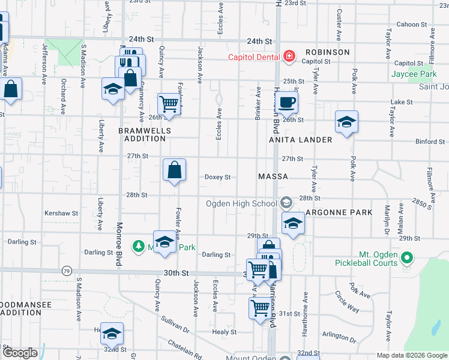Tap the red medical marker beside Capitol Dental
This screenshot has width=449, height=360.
[x=289, y=57]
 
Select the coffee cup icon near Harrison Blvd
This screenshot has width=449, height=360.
[x=288, y=101]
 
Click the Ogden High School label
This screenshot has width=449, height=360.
[x=241, y=203]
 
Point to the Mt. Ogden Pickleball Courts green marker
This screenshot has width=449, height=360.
[x=407, y=259]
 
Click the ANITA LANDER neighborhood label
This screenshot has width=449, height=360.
[x=300, y=140]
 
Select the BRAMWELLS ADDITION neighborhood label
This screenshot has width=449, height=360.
[x=145, y=134]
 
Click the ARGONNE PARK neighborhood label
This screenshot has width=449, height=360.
[x=339, y=212]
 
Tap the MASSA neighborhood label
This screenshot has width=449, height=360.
[x=273, y=177]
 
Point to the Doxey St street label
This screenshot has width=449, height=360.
[x=218, y=177]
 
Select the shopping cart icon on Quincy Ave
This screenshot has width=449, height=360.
[x=169, y=104]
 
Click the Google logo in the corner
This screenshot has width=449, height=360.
[x=20, y=353]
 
